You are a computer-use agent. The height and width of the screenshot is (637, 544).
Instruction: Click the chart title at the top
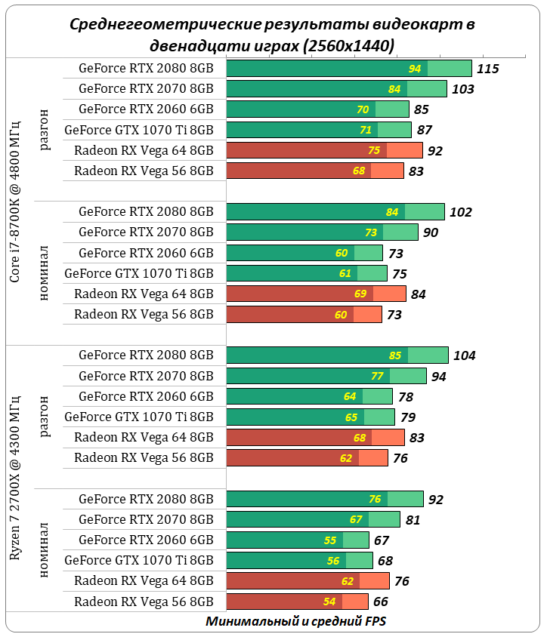pyautogui.click(x=272, y=35)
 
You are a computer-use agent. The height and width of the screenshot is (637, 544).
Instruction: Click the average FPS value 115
pyautogui.click(x=488, y=69)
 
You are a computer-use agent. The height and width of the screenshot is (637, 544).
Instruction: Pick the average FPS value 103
pyautogui.click(x=462, y=89)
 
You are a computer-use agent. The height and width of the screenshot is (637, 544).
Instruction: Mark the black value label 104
pyautogui.click(x=464, y=355)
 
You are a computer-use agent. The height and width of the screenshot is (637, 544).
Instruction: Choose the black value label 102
pyautogui.click(x=460, y=212)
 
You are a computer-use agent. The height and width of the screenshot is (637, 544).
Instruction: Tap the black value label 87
pyautogui.click(x=424, y=130)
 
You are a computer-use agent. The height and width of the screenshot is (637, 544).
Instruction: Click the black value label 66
pyautogui.click(x=381, y=602)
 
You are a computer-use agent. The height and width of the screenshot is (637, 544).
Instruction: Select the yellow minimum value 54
pyautogui.click(x=329, y=602)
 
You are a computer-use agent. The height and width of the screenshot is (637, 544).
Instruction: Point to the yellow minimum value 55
pyautogui.click(x=329, y=540)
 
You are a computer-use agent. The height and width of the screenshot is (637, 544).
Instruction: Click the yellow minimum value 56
pyautogui.click(x=333, y=560)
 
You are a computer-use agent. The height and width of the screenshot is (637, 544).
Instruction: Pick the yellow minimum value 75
pyautogui.click(x=374, y=150)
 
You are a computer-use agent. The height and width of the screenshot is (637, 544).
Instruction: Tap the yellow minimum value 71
pyautogui.click(x=366, y=130)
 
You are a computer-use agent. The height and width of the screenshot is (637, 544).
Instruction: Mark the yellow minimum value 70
pyautogui.click(x=363, y=109)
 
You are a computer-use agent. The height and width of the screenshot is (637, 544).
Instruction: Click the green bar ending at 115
pyautogui.click(x=348, y=69)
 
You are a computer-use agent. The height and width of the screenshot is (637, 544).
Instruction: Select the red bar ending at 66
pyautogui.click(x=297, y=602)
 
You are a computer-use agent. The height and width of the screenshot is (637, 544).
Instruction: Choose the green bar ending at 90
pyautogui.click(x=322, y=232)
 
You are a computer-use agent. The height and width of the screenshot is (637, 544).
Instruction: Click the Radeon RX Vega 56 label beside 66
pyautogui.click(x=144, y=602)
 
